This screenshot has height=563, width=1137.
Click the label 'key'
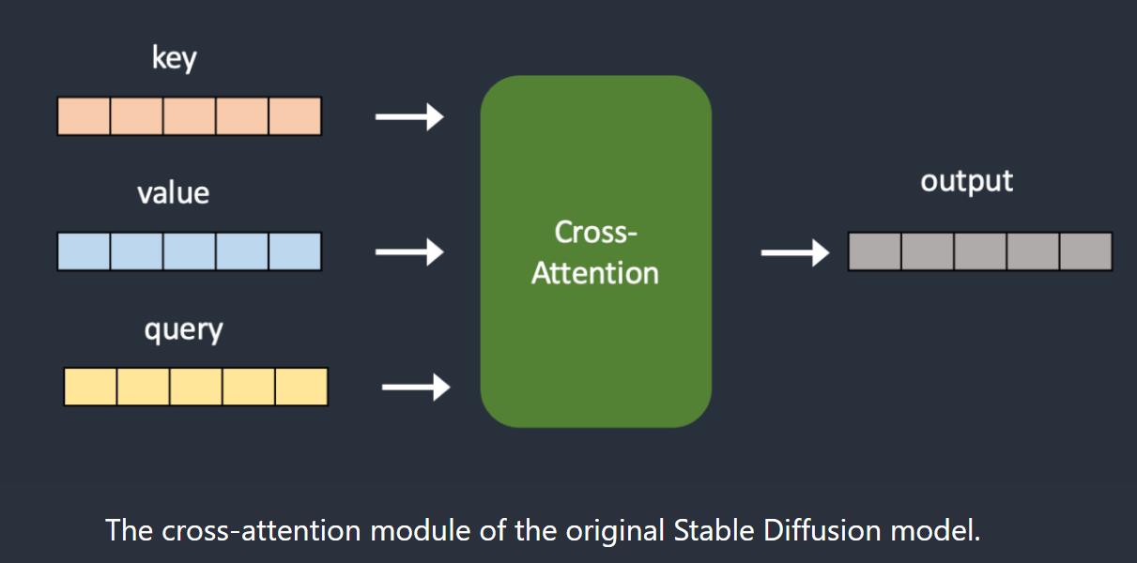click(x=174, y=58)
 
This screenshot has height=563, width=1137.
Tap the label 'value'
click(x=173, y=192)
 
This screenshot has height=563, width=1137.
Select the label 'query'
click(x=183, y=330)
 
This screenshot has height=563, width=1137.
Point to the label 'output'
click(x=966, y=181)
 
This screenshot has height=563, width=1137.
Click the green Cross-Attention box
click(x=596, y=251)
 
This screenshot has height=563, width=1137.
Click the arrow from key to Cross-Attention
click(x=409, y=116)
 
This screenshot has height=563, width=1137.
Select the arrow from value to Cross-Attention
click(x=409, y=252)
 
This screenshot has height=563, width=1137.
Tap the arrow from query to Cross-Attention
click(x=416, y=388)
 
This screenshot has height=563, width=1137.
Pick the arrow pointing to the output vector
click(x=795, y=252)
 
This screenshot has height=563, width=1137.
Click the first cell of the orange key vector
click(x=84, y=116)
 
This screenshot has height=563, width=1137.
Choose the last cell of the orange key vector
click(x=295, y=116)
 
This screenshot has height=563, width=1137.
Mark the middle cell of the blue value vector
click(x=190, y=251)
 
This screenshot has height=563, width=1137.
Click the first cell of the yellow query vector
click(x=90, y=387)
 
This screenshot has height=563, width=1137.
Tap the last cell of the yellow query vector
click(x=301, y=387)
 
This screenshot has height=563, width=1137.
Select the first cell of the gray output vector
click(x=874, y=251)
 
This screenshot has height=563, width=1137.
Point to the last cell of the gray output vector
click(x=1085, y=251)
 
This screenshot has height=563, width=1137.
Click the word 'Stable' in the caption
click(x=714, y=530)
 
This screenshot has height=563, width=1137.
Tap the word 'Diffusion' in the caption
click(x=822, y=530)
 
